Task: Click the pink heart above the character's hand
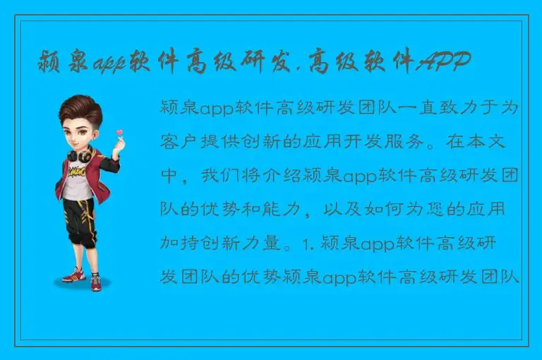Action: coord(119,132)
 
